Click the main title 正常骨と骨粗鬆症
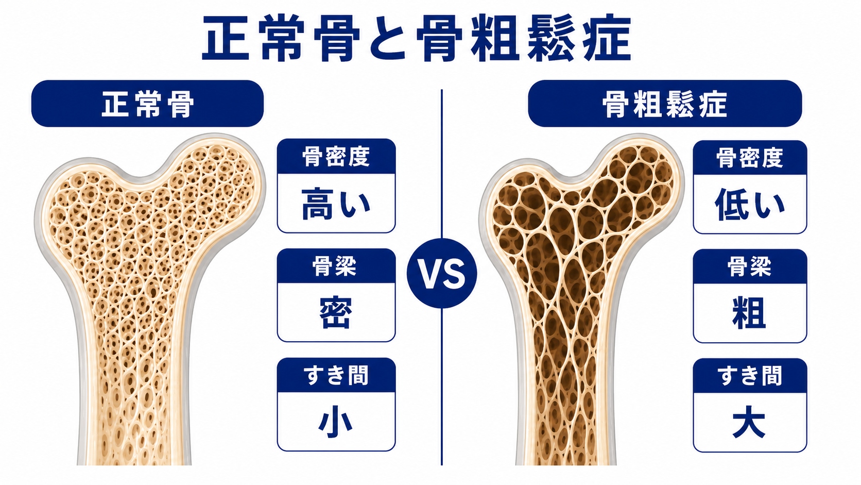point(416,39)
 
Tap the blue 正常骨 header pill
point(147,104)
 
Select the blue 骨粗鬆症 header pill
point(665,104)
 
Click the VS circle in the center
point(442,273)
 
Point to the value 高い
point(336,204)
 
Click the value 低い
point(750,205)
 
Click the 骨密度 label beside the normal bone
point(336,157)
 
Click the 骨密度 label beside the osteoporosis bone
point(750,158)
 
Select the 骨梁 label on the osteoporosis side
point(750,266)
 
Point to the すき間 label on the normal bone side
point(336,375)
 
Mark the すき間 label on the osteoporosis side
point(750,376)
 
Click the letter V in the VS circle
point(430,274)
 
